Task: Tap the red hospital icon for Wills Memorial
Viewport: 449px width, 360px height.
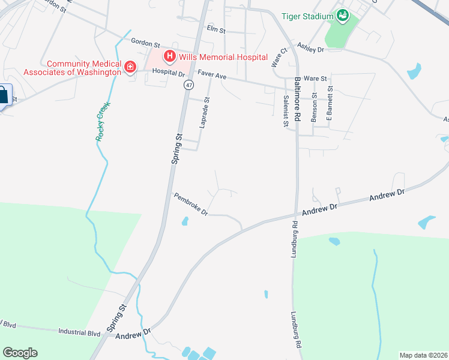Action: (170, 57)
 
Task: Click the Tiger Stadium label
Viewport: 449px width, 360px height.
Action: (307, 16)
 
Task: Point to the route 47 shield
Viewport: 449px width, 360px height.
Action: (188, 86)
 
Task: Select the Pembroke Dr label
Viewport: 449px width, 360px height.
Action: (190, 204)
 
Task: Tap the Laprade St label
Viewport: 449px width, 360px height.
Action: (205, 113)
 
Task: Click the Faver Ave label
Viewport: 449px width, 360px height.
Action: (212, 76)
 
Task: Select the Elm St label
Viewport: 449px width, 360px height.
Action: (215, 28)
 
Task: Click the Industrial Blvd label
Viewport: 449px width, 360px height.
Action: (79, 331)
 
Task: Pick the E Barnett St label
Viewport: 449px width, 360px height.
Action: (329, 107)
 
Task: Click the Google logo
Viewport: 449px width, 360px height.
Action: (20, 353)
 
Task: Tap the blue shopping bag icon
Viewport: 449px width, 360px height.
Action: (4, 96)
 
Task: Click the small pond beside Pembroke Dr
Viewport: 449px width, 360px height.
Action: (184, 221)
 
